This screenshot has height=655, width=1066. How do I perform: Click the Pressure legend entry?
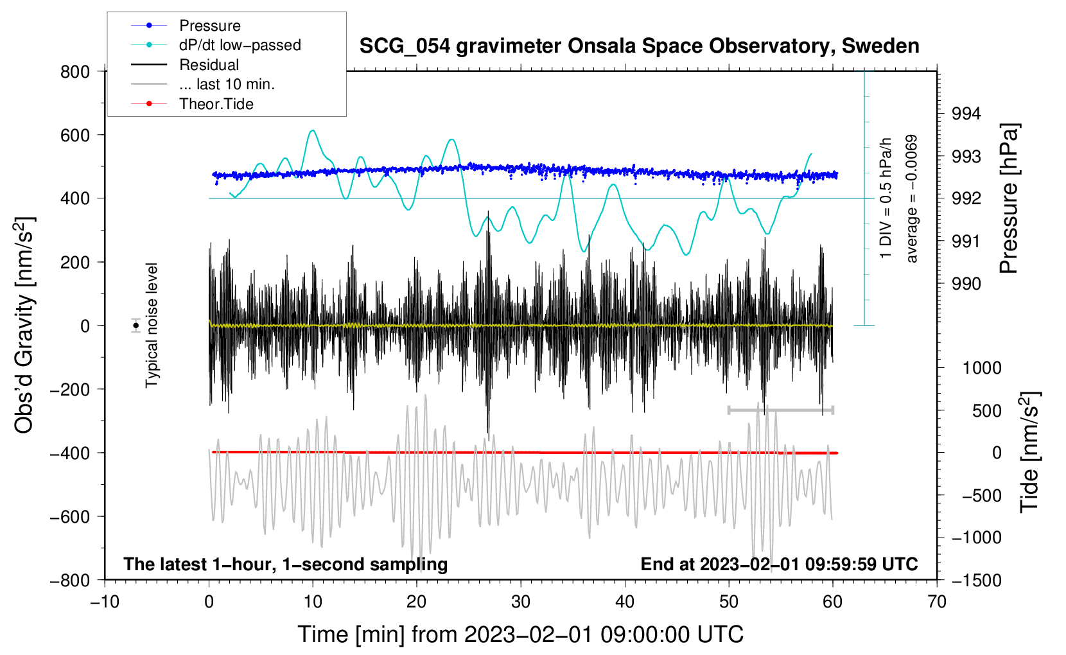coord(186,25)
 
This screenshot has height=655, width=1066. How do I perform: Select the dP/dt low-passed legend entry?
coord(216,45)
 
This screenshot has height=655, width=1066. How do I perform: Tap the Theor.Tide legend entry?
coord(192,104)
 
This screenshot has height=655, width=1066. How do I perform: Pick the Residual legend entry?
coord(185,64)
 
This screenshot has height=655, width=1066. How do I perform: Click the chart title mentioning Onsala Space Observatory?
coord(639,46)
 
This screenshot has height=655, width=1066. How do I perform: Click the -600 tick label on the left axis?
coord(70,516)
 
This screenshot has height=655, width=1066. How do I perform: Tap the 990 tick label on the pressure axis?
coord(966,284)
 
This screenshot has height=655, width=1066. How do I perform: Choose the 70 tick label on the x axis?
coord(936,602)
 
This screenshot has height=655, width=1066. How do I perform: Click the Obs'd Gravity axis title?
coord(25,325)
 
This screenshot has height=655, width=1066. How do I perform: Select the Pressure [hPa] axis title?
coord(1009,198)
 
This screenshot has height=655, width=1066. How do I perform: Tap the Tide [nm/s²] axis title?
coord(1030,452)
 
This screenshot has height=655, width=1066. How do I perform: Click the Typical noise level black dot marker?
coord(136,326)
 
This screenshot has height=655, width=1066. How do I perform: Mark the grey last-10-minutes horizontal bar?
coord(780,410)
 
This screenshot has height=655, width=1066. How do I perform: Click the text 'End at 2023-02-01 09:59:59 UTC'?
coord(779,564)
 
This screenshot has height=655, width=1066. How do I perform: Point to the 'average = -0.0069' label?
coord(911,199)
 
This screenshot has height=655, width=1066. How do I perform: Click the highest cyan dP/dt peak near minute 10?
coord(312,130)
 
